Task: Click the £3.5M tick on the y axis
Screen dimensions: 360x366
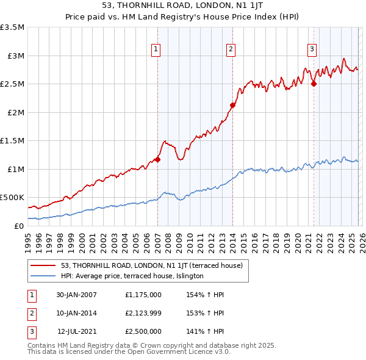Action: (x=12, y=27)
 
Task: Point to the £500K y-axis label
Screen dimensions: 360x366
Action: (x=12, y=198)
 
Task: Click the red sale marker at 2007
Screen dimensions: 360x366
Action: (x=157, y=159)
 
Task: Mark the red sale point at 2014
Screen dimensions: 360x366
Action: (x=232, y=105)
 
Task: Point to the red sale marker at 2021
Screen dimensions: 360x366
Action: (x=314, y=84)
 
